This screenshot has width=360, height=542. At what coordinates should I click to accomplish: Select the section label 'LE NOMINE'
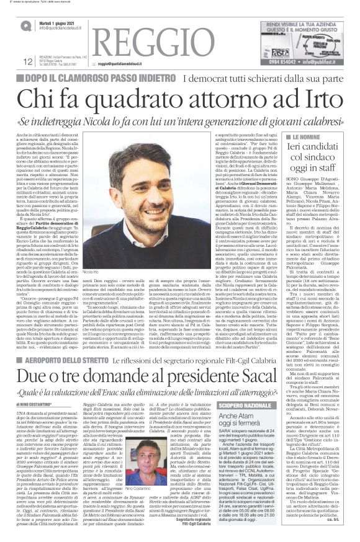(x=307, y=137)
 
